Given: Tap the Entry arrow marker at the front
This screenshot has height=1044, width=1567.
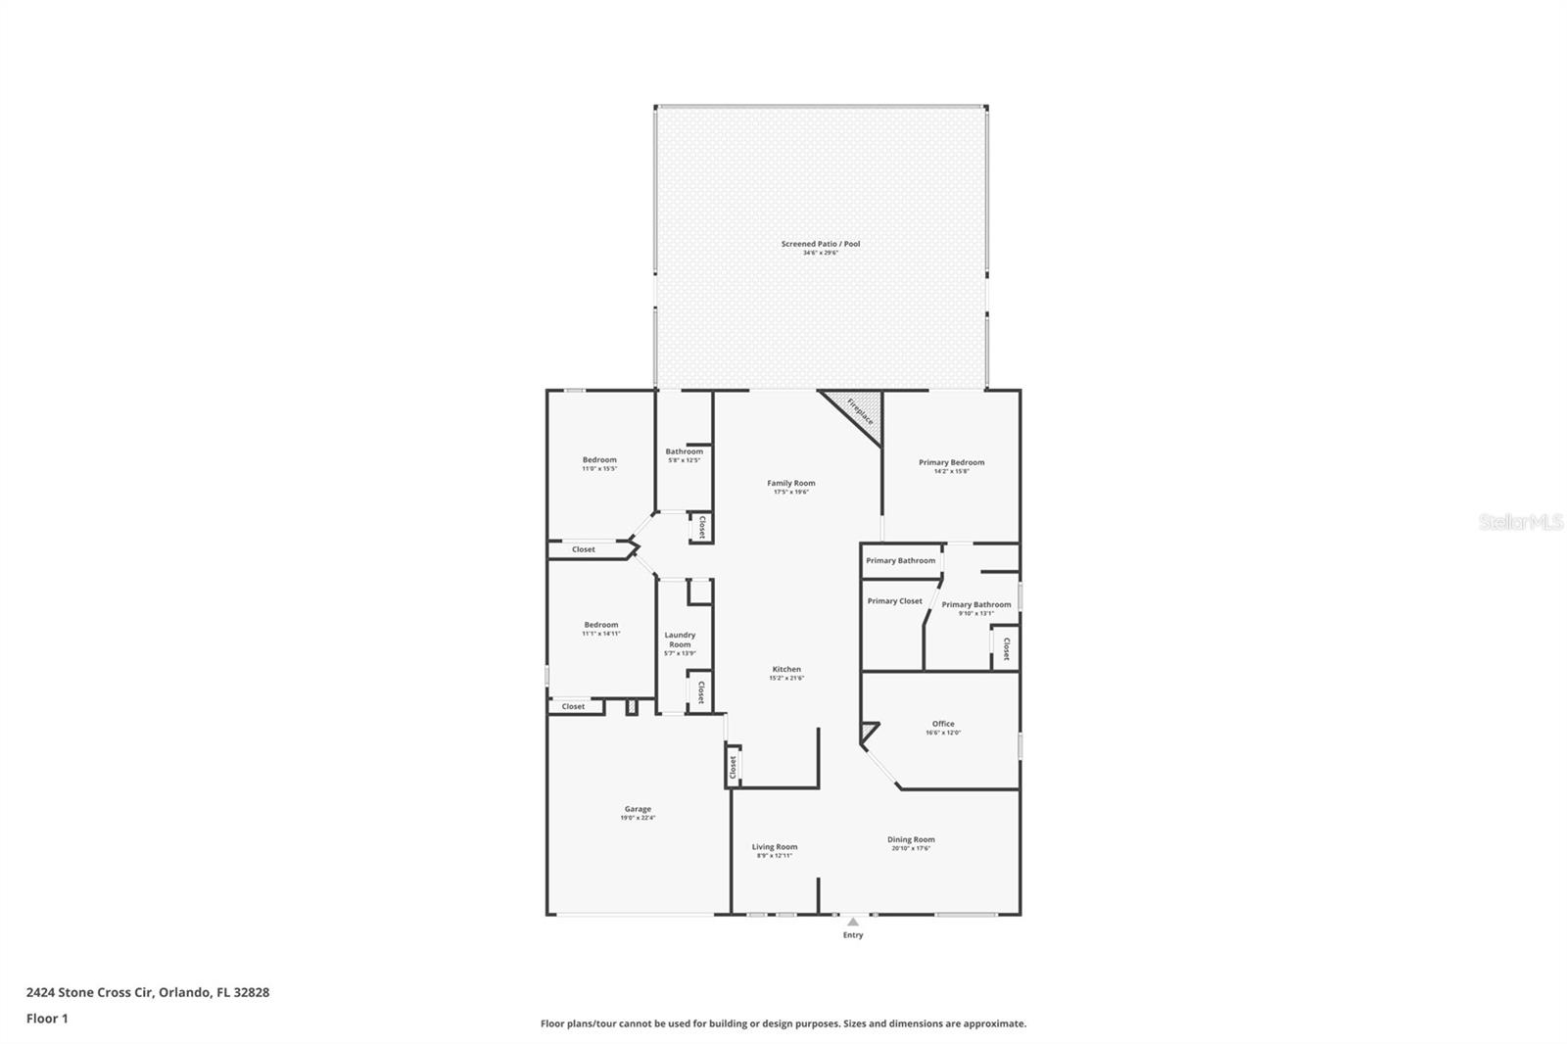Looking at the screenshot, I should pyautogui.click(x=853, y=922).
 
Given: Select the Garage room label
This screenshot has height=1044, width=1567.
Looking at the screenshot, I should pyautogui.click(x=638, y=809).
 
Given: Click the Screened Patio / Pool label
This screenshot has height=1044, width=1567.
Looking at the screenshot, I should pyautogui.click(x=821, y=244).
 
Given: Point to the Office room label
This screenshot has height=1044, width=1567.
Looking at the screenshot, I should pyautogui.click(x=943, y=724).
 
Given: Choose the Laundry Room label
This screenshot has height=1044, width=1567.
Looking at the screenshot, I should pyautogui.click(x=680, y=640).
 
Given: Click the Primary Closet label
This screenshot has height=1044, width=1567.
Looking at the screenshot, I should pyautogui.click(x=894, y=601).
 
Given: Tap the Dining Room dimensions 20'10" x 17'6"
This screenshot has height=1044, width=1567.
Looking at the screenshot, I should pyautogui.click(x=911, y=848).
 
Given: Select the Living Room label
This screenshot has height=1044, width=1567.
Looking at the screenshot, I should pyautogui.click(x=775, y=847).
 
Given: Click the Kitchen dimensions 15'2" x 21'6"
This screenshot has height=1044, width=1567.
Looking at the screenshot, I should pyautogui.click(x=786, y=678).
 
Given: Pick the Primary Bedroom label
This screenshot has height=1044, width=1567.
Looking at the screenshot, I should pyautogui.click(x=951, y=462).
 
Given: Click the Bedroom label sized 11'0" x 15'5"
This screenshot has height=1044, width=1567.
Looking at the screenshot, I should pyautogui.click(x=599, y=460).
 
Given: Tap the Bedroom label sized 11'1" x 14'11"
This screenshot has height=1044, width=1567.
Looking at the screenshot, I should pyautogui.click(x=601, y=625).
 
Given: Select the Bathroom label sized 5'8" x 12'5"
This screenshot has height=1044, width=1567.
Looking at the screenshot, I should pyautogui.click(x=685, y=451).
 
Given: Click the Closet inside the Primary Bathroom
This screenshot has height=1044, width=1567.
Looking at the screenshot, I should pyautogui.click(x=1006, y=648).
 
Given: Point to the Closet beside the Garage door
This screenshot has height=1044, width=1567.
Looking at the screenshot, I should pyautogui.click(x=733, y=768).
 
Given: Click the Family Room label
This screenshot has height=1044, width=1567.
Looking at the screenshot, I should pyautogui.click(x=791, y=483).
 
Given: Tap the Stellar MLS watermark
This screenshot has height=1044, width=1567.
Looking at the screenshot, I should pyautogui.click(x=1520, y=523).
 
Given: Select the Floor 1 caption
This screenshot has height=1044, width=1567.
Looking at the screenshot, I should pyautogui.click(x=47, y=1019).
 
